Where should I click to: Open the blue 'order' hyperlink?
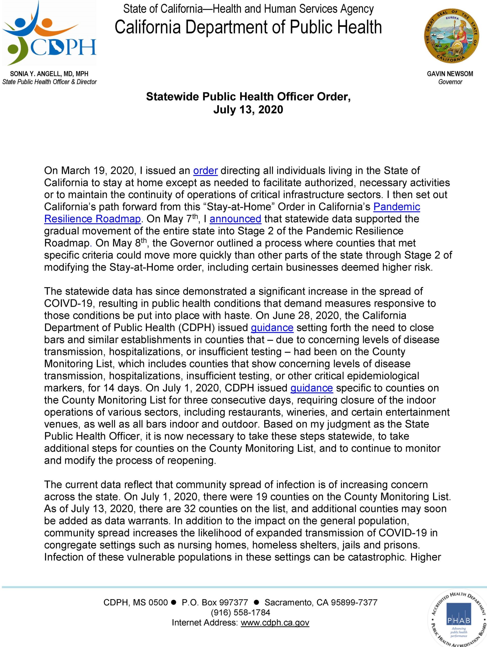[206, 171]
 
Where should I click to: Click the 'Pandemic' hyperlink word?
[396, 207]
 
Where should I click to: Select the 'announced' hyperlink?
[235, 219]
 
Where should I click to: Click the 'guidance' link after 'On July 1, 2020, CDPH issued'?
[312, 388]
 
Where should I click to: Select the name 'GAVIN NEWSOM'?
[450, 74]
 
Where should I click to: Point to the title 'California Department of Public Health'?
[248, 27]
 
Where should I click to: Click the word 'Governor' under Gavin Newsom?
[450, 82]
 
